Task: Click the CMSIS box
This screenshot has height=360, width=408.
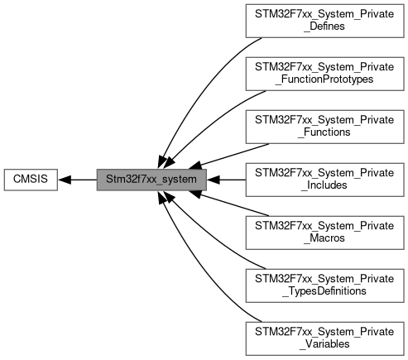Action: coord(31,180)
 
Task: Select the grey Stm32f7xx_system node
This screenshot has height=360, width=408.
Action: coord(151,180)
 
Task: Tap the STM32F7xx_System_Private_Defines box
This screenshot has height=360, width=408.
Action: coord(324,21)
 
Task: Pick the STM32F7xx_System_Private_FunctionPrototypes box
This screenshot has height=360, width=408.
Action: coord(324,74)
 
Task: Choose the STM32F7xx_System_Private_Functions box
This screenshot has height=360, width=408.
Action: coord(324,127)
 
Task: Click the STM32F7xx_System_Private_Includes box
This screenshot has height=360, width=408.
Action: coord(324,180)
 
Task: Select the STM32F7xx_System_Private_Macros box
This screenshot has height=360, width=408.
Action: coord(324,233)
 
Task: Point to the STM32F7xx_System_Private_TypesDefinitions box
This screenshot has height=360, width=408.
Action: coord(324,286)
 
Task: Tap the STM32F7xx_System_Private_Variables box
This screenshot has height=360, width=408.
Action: coord(324,338)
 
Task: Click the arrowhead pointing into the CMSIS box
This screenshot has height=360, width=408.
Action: coord(65,180)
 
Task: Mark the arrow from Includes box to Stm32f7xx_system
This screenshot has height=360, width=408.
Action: coord(226,180)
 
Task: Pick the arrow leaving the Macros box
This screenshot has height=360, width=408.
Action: coord(228,204)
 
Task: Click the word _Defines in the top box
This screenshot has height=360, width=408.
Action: coord(324,26)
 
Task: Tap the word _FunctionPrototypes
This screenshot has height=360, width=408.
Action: coord(324,79)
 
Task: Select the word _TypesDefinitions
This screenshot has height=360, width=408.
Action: coord(324,291)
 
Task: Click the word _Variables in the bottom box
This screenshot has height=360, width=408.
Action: coord(324,344)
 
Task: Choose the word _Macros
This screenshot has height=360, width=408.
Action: coord(324,238)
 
